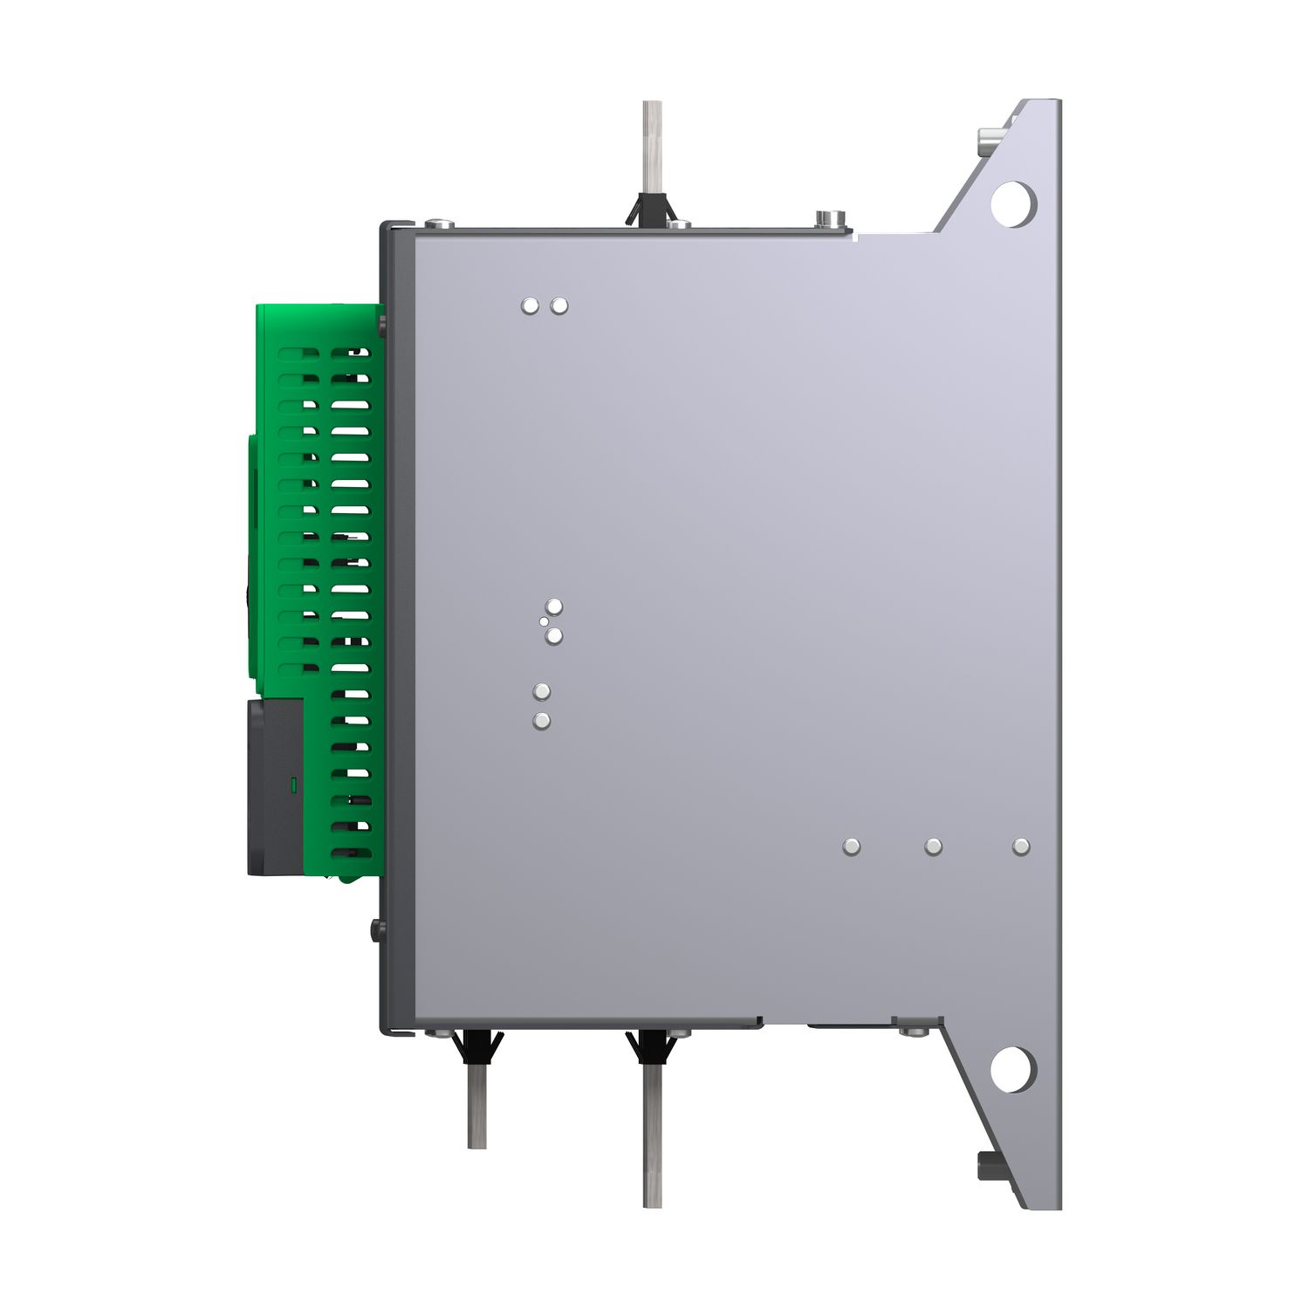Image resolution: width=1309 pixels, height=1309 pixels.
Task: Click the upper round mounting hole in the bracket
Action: point(1012,203)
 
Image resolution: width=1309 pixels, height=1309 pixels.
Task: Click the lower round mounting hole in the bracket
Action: point(1012,1068)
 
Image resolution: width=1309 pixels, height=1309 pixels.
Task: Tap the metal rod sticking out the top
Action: point(652,144)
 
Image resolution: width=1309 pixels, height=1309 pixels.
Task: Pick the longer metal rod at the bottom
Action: point(652,1134)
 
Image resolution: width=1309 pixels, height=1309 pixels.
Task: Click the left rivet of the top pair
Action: point(530,305)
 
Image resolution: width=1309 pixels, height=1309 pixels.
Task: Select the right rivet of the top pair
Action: point(559,305)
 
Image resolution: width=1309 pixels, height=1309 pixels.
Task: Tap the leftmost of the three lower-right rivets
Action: point(852,846)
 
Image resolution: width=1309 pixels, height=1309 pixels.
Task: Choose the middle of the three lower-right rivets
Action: point(933,846)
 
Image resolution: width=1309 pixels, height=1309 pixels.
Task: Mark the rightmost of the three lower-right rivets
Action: point(1021,846)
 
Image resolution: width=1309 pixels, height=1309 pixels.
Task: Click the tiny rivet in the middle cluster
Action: point(544,621)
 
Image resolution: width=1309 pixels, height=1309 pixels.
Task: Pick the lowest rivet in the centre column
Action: point(542,721)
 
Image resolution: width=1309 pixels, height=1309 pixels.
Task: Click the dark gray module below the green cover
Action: point(275,785)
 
